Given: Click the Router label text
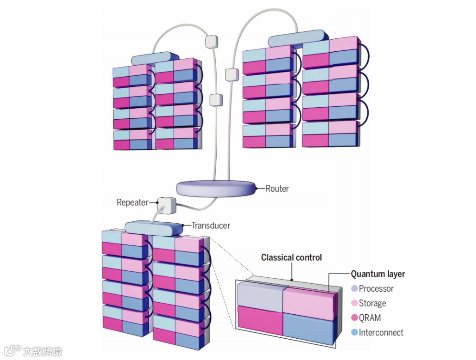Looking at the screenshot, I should pyautogui.click(x=277, y=189).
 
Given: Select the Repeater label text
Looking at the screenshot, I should pyautogui.click(x=133, y=202).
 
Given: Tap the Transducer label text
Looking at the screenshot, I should pyautogui.click(x=211, y=226).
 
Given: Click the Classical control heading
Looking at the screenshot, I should pyautogui.click(x=291, y=257).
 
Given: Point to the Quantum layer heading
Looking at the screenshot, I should pyautogui.click(x=378, y=274).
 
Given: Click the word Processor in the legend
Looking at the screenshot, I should pyautogui.click(x=376, y=289).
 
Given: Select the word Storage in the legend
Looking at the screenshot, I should pyautogui.click(x=372, y=304).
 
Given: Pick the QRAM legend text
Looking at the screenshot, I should pyautogui.click(x=370, y=318).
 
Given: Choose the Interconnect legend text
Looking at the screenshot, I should pyautogui.click(x=381, y=332).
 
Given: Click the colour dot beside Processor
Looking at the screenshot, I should pyautogui.click(x=354, y=289).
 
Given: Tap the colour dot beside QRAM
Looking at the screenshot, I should pyautogui.click(x=354, y=318).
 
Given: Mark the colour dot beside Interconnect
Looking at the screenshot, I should pyautogui.click(x=354, y=332).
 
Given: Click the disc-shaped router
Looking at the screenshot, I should pyautogui.click(x=216, y=188).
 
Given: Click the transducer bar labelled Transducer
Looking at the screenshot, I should pyautogui.click(x=154, y=228).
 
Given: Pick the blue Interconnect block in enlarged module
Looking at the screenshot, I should pyautogui.click(x=308, y=326).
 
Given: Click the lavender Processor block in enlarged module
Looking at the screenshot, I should pyautogui.click(x=260, y=295).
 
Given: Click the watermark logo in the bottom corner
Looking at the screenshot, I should pyautogui.click(x=32, y=351).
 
